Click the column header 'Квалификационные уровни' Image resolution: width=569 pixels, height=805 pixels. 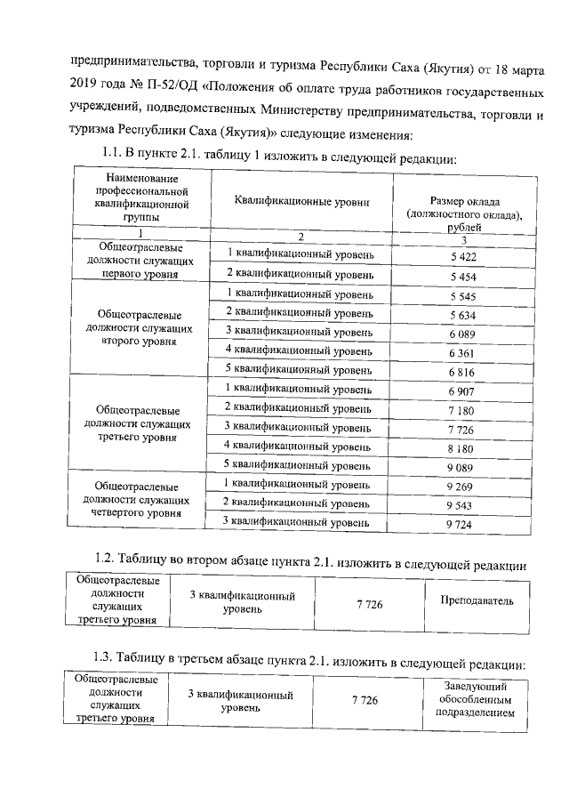point(301,202)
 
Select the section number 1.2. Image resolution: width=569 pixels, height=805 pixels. point(108,558)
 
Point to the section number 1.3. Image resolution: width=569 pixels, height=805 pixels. point(108,657)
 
